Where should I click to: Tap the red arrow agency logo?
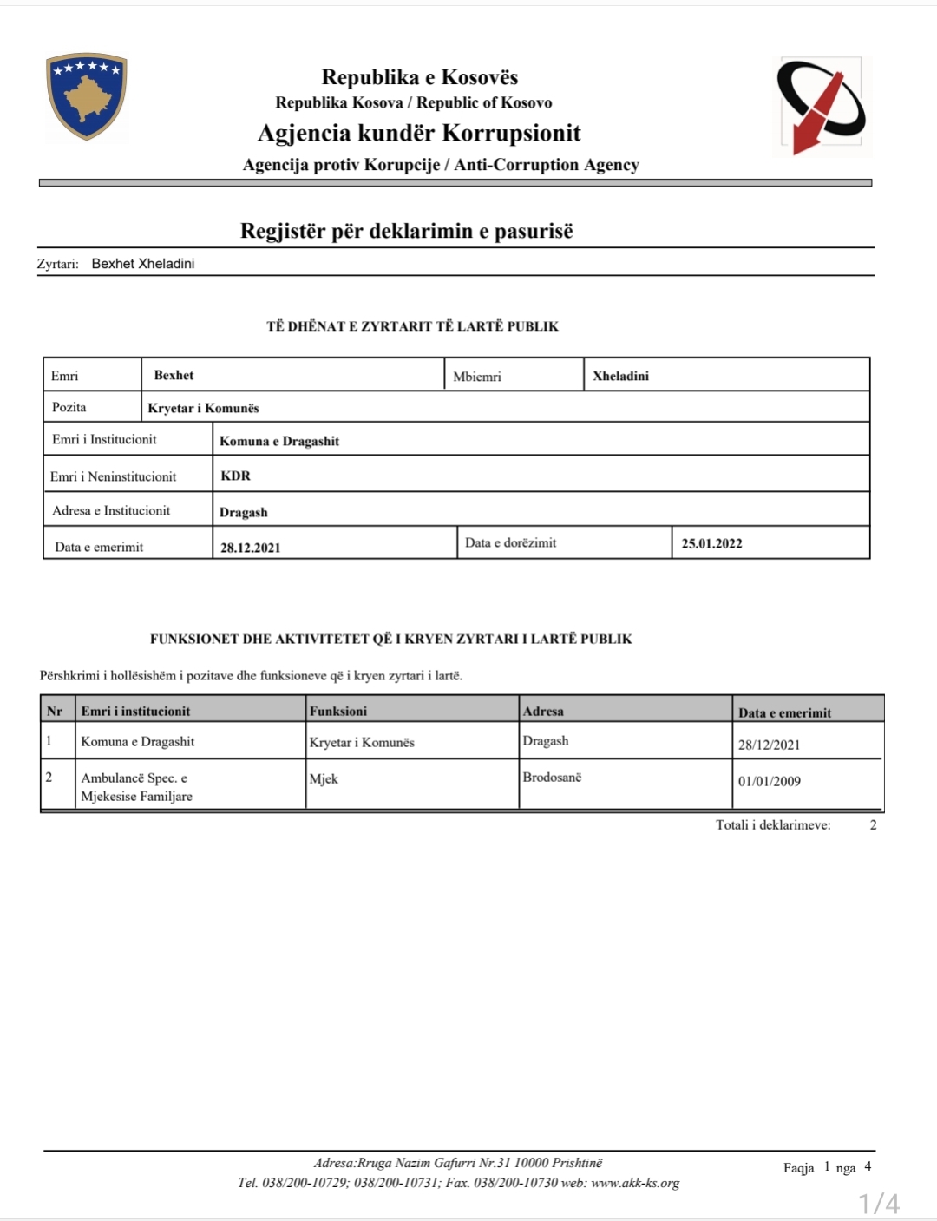tap(820, 106)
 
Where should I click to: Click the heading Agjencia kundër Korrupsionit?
tap(419, 133)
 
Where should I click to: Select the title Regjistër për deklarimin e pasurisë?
tap(406, 231)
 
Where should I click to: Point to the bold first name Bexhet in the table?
tap(174, 375)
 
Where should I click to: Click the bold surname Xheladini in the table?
tap(620, 376)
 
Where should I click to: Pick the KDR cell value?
tap(235, 476)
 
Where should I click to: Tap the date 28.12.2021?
tap(250, 548)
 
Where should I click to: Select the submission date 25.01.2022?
tap(711, 543)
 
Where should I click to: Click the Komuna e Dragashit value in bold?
tap(279, 441)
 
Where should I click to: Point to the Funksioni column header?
tap(338, 711)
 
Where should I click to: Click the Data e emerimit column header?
tap(784, 712)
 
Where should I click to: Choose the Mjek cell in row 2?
tap(324, 778)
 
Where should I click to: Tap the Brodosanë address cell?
tap(552, 777)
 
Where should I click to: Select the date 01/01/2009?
tap(769, 781)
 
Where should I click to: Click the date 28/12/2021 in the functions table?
tap(769, 745)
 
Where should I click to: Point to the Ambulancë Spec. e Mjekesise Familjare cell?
tap(136, 787)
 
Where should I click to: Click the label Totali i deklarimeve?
tap(773, 824)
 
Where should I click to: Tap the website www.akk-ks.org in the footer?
tap(635, 1183)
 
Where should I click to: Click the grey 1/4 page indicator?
tap(879, 1204)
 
